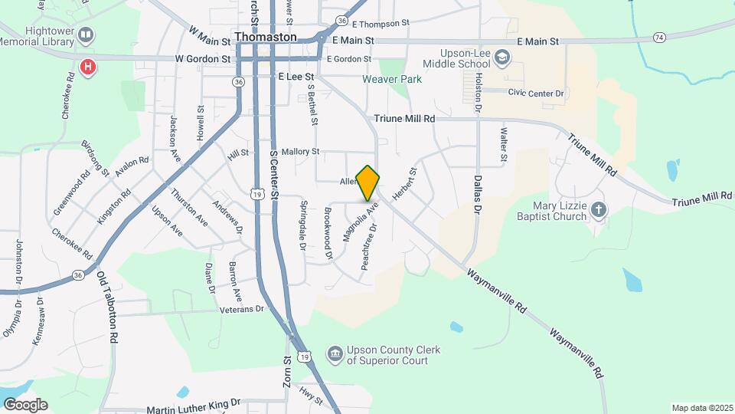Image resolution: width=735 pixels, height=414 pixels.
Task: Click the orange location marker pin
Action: [x=368, y=182]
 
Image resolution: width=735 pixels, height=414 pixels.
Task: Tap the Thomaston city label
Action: [x=265, y=37]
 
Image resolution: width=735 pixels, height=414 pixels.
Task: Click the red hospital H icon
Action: [x=89, y=67]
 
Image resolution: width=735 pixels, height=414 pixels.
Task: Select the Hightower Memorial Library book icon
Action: [x=87, y=35]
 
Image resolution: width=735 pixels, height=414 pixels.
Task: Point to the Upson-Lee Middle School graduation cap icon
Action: [x=501, y=57]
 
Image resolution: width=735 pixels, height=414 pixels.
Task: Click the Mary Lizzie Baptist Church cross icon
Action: [x=599, y=209]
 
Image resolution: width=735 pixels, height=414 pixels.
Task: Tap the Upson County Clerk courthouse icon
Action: [x=335, y=354]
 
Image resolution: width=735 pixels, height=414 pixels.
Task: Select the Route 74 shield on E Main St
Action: [x=659, y=37]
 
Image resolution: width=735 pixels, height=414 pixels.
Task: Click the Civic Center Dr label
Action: [x=535, y=93]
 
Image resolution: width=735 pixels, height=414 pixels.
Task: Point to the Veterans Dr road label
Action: [x=241, y=309]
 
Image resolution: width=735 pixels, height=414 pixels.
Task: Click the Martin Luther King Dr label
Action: [x=193, y=402]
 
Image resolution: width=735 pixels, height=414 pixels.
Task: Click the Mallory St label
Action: [x=300, y=152]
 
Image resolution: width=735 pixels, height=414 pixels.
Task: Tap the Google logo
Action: [x=25, y=405]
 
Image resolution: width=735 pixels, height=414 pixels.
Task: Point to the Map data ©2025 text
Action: [x=701, y=408]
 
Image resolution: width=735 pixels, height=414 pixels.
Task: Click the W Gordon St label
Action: [x=202, y=58]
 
